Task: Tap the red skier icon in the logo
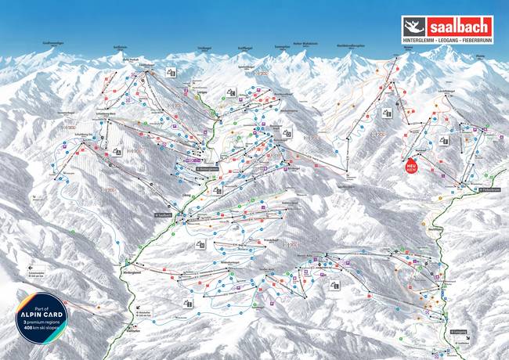[413, 24]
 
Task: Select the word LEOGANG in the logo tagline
[446, 36]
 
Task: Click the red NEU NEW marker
[409, 167]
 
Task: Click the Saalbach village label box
[164, 214]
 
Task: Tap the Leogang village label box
[460, 332]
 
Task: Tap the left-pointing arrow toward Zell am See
[16, 272]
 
